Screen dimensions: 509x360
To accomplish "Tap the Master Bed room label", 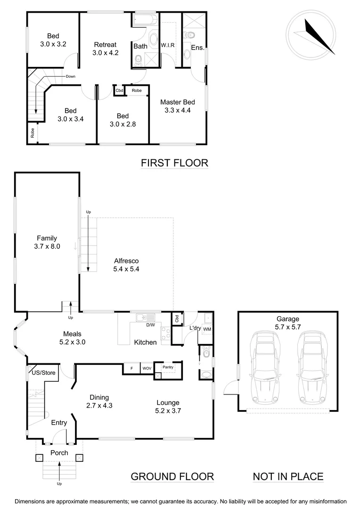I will pyautogui.click(x=177, y=107).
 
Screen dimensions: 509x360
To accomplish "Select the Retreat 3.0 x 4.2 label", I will pyautogui.click(x=105, y=49).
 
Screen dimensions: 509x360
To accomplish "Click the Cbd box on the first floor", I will pyautogui.click(x=119, y=90).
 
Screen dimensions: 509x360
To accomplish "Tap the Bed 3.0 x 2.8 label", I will pyautogui.click(x=123, y=120).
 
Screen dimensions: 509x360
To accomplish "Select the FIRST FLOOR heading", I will pyautogui.click(x=174, y=163).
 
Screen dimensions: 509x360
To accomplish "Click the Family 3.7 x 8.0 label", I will pyautogui.click(x=47, y=242).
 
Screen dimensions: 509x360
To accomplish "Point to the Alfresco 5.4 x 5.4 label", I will pyautogui.click(x=126, y=264).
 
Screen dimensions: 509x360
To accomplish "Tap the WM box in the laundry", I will pyautogui.click(x=207, y=329).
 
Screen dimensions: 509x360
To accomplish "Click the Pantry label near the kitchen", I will pyautogui.click(x=167, y=367).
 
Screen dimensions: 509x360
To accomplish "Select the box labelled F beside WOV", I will pyautogui.click(x=131, y=368).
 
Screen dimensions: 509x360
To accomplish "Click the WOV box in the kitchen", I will pyautogui.click(x=147, y=368).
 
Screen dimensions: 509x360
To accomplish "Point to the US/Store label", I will pyautogui.click(x=43, y=373).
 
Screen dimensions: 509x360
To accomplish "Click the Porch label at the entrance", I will pyautogui.click(x=59, y=453).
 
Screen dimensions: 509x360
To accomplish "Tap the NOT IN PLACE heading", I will pyautogui.click(x=288, y=476).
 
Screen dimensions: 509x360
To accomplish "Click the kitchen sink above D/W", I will pyautogui.click(x=143, y=318).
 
